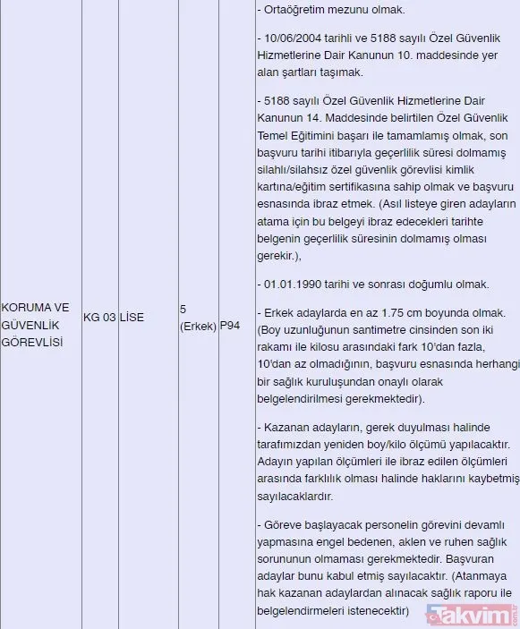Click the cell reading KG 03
99,317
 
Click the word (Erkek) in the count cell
198,326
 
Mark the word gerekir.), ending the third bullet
278,255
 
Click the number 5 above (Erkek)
183,309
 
